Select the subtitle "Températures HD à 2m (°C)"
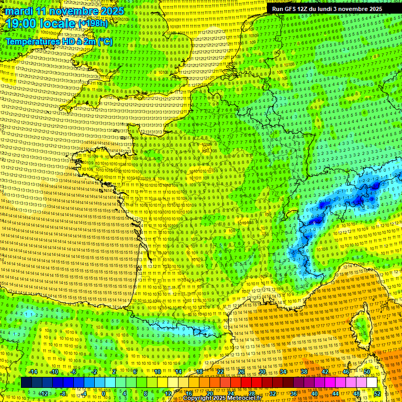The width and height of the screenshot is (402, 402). click(x=59, y=41)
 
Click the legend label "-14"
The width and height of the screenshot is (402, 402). click(x=32, y=371)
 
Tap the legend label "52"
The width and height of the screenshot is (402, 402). click(x=377, y=393)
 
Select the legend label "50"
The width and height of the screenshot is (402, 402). click(x=367, y=371)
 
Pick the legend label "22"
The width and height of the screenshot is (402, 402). click(x=220, y=371)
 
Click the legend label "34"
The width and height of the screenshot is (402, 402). click(x=283, y=371)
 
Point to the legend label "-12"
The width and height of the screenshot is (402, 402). click(x=43, y=393)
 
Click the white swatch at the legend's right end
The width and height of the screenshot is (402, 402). click(x=372, y=383)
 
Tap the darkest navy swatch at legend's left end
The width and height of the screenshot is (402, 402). click(x=26, y=383)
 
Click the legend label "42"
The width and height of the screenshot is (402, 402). click(x=325, y=371)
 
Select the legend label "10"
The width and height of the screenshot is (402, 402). click(x=158, y=371)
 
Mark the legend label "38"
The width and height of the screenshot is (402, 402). click(x=304, y=371)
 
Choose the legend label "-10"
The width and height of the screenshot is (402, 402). click(x=53, y=371)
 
